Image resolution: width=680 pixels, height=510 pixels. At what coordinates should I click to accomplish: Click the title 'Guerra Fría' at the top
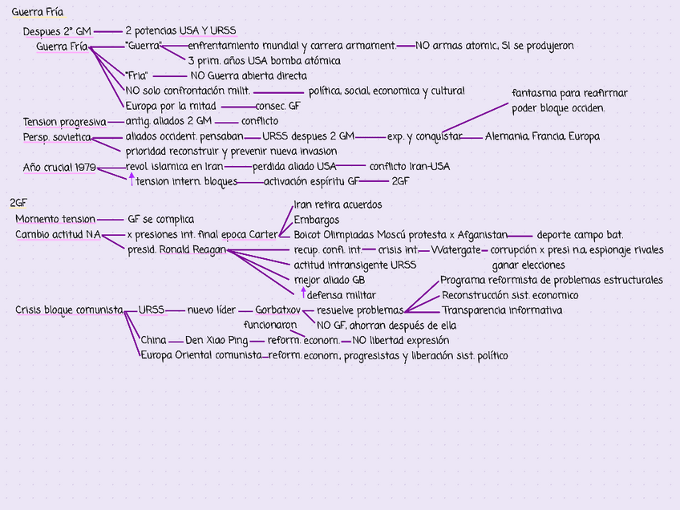click(x=38, y=12)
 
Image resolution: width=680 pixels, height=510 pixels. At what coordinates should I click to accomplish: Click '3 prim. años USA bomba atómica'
click(x=264, y=60)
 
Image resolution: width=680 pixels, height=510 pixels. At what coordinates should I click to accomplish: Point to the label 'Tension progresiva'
click(x=64, y=122)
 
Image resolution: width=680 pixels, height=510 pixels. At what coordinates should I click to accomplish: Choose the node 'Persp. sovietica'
click(x=56, y=137)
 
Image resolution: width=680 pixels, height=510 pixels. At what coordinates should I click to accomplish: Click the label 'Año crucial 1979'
click(x=59, y=167)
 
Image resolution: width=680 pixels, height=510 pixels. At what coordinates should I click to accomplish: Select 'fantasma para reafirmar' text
click(x=569, y=93)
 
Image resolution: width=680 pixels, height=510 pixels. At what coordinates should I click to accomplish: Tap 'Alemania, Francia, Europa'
click(x=542, y=136)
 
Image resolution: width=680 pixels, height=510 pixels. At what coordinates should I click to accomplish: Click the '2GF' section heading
click(x=18, y=203)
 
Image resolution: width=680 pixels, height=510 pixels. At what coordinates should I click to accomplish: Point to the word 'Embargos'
click(x=316, y=220)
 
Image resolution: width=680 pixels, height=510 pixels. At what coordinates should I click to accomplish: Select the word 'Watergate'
click(x=455, y=249)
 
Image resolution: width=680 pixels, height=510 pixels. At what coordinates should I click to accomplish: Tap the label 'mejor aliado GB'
click(x=330, y=280)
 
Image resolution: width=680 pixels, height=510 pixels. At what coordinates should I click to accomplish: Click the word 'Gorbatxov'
click(x=277, y=310)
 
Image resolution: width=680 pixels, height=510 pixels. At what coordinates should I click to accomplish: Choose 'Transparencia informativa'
click(x=502, y=310)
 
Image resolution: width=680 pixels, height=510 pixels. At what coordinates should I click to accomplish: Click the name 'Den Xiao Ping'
click(x=217, y=340)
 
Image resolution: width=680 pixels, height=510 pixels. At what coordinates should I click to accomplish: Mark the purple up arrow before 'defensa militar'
click(x=302, y=293)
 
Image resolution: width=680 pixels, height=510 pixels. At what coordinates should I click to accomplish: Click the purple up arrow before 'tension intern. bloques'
click(x=132, y=180)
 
